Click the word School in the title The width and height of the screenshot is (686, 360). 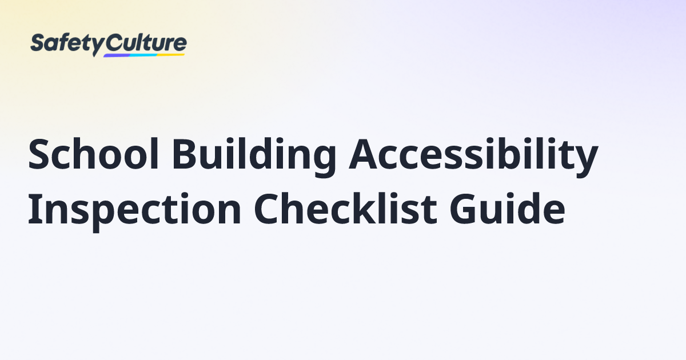pos(93,153)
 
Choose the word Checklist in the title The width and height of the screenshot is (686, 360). pos(345,208)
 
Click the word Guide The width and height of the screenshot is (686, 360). pos(508,208)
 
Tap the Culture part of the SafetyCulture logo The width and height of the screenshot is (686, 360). pos(146,43)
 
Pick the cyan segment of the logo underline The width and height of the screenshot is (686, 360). pos(143,55)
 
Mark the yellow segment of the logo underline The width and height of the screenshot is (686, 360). pos(170,55)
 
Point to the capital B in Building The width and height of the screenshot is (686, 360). pos(185,153)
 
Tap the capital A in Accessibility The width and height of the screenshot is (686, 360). pos(363,153)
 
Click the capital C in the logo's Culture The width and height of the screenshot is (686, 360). pos(113,43)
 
